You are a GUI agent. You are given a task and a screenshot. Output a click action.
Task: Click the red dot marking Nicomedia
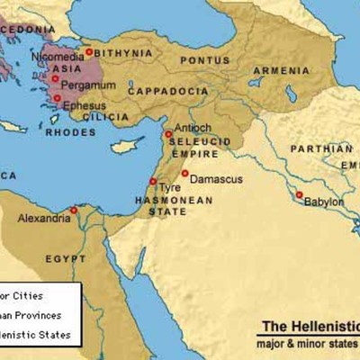88,52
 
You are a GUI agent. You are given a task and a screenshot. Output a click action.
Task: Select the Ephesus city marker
57,98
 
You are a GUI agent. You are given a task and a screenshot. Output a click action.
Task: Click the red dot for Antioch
168,134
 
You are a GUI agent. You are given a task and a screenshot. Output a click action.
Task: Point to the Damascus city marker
184,173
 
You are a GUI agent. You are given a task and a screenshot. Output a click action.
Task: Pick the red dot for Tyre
153,182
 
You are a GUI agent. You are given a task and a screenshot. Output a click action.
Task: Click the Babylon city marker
298,194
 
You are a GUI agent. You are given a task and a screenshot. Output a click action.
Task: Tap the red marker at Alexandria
73,211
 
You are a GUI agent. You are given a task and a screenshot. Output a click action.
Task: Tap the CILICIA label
87,116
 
